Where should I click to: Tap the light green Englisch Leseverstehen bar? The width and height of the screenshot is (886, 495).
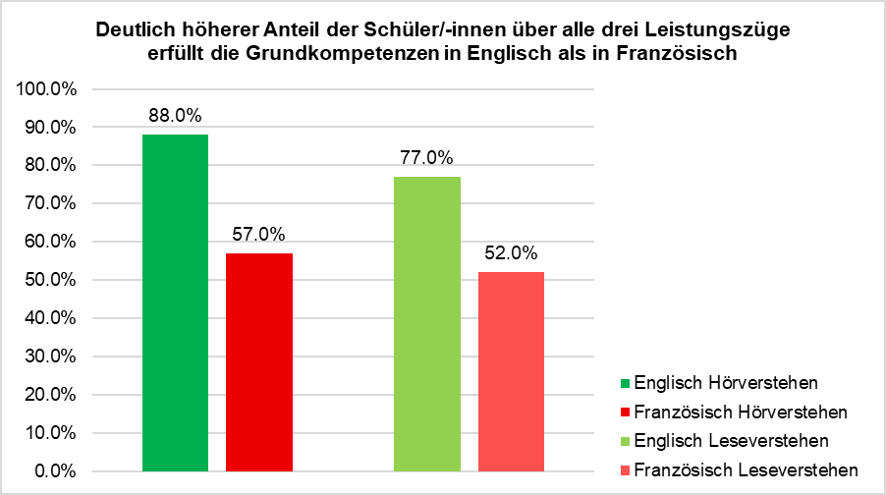(x=427, y=323)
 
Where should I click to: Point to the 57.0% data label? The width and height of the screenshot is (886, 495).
(x=259, y=234)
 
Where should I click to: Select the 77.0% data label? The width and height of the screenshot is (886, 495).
(x=427, y=157)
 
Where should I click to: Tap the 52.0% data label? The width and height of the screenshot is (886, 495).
(x=511, y=253)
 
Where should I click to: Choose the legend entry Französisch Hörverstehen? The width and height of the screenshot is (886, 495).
(x=741, y=410)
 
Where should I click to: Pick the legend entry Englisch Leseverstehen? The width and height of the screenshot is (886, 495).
(x=732, y=439)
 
